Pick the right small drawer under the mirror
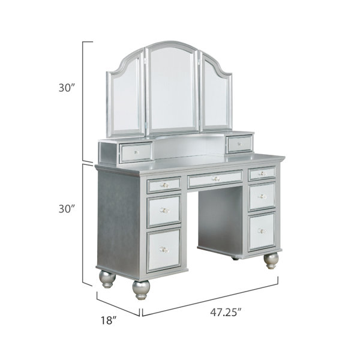pos(239,143)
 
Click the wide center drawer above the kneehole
pos(215,179)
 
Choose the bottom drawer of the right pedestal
pos(261,230)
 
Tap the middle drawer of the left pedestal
pos(164,211)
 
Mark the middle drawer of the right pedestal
pos(262,196)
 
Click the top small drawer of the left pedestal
pos(163,185)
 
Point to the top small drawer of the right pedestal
pos(262,173)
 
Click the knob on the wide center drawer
pos(215,179)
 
